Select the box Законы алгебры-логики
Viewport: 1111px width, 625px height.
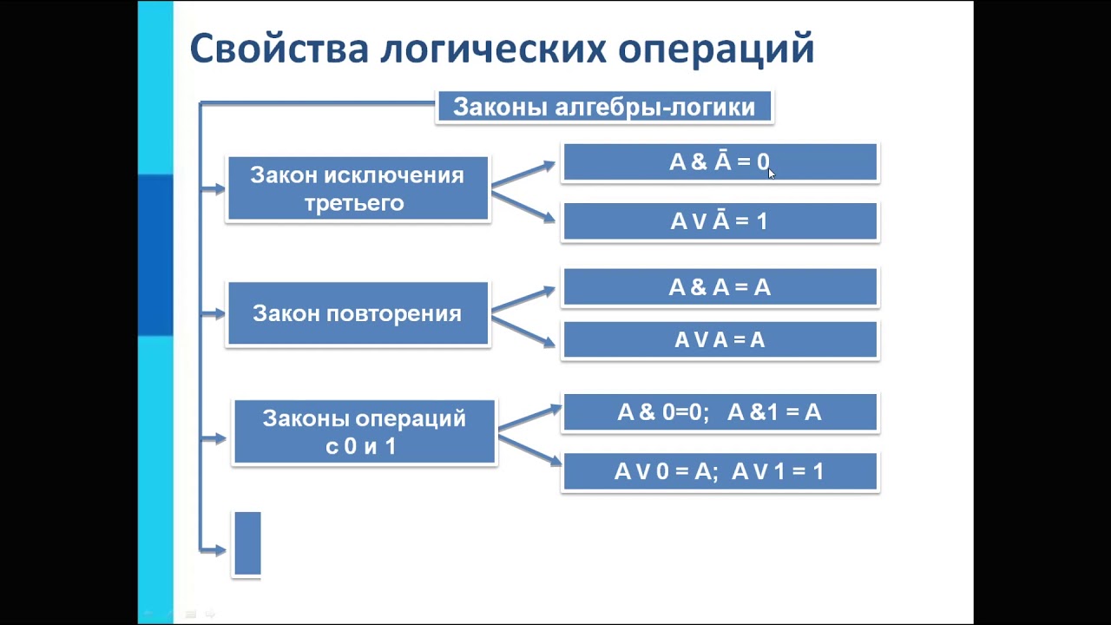point(604,108)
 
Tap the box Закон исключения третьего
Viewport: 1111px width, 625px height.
point(357,189)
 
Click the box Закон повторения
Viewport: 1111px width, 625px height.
point(357,313)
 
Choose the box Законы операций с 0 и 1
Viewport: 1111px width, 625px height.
point(364,432)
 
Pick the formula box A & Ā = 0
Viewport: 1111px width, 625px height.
point(720,162)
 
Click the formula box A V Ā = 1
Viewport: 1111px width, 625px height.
point(720,221)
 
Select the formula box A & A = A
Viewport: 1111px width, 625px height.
point(720,287)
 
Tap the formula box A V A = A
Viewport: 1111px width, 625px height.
point(720,340)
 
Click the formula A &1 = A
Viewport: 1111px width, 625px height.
point(774,412)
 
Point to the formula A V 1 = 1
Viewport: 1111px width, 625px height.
point(778,471)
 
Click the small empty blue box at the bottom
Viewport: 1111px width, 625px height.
point(247,543)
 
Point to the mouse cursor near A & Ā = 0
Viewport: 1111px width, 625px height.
point(772,174)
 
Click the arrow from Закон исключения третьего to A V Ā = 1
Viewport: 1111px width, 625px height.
point(523,206)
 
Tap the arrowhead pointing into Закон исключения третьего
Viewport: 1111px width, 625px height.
point(217,188)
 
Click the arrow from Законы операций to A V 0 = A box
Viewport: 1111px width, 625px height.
point(529,451)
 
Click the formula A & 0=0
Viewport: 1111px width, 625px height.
point(663,412)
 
